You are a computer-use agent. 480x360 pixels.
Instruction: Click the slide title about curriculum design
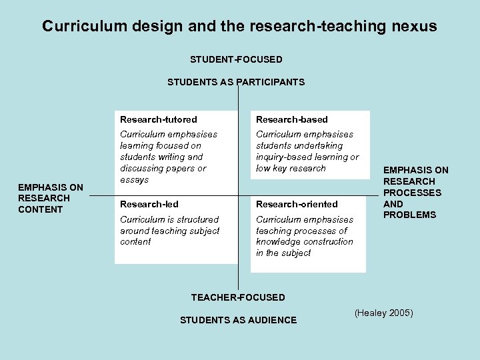239,26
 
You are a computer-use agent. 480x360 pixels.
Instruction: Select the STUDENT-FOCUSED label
236,59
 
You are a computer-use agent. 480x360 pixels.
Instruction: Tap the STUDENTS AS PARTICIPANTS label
236,82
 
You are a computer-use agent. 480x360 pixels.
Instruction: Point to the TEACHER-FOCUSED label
238,297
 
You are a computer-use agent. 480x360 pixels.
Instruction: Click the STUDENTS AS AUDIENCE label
238,320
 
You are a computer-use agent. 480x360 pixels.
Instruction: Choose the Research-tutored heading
159,119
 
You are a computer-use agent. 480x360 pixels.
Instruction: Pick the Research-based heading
292,119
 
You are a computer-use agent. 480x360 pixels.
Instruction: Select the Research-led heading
149,204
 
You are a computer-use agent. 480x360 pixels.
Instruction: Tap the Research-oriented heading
297,204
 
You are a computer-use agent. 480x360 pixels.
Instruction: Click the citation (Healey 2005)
384,312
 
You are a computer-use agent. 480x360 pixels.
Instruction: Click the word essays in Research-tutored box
134,179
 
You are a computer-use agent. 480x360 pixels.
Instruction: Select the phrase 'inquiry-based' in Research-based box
285,157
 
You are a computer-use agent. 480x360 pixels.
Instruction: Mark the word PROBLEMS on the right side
410,215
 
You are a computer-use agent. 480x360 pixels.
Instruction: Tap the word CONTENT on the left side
41,209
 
